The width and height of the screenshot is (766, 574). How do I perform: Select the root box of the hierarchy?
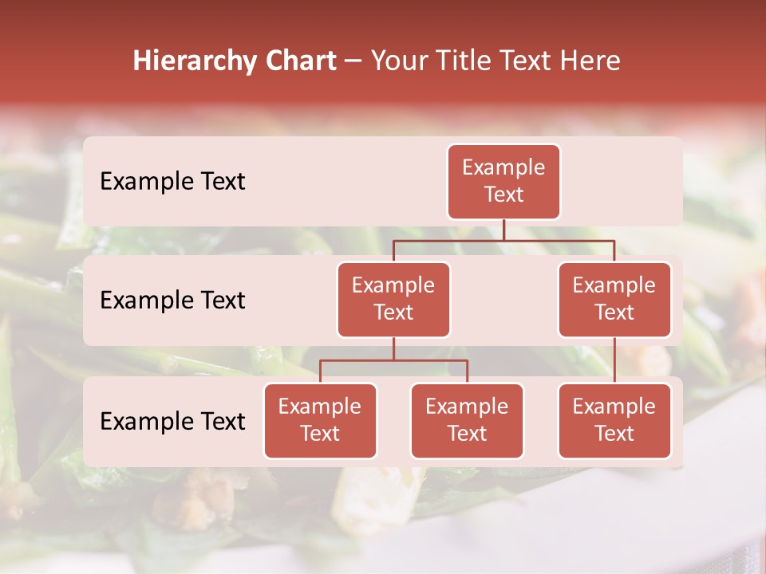(x=503, y=182)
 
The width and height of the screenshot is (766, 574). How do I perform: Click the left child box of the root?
(x=393, y=300)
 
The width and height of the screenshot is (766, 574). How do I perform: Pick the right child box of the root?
(x=614, y=300)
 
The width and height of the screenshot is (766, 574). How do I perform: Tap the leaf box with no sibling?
(x=614, y=421)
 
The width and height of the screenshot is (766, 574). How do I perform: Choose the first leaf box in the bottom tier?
(x=320, y=421)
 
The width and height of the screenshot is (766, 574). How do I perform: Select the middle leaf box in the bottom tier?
(x=467, y=421)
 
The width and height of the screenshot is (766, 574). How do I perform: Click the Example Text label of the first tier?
(x=172, y=182)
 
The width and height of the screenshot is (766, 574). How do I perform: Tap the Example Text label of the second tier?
(x=172, y=301)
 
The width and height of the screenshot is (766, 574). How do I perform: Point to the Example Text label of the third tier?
(x=172, y=422)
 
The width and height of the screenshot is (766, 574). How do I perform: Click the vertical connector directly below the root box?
(x=503, y=230)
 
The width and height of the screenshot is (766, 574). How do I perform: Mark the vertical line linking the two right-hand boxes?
(x=614, y=360)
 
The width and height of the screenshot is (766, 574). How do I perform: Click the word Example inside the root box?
(x=503, y=167)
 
